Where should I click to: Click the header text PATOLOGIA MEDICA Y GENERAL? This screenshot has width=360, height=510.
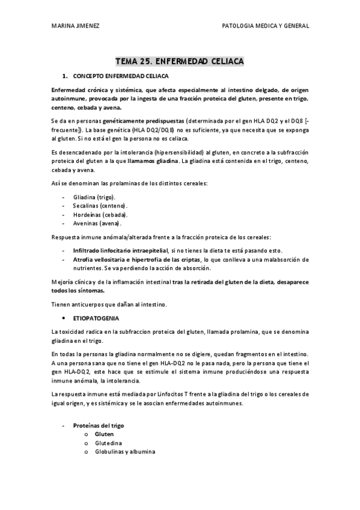click(x=266, y=26)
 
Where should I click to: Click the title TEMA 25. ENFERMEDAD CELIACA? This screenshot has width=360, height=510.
click(x=180, y=61)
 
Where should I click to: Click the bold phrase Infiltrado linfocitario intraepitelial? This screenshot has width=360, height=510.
click(x=112, y=250)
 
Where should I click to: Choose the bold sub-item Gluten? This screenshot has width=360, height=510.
click(x=104, y=434)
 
